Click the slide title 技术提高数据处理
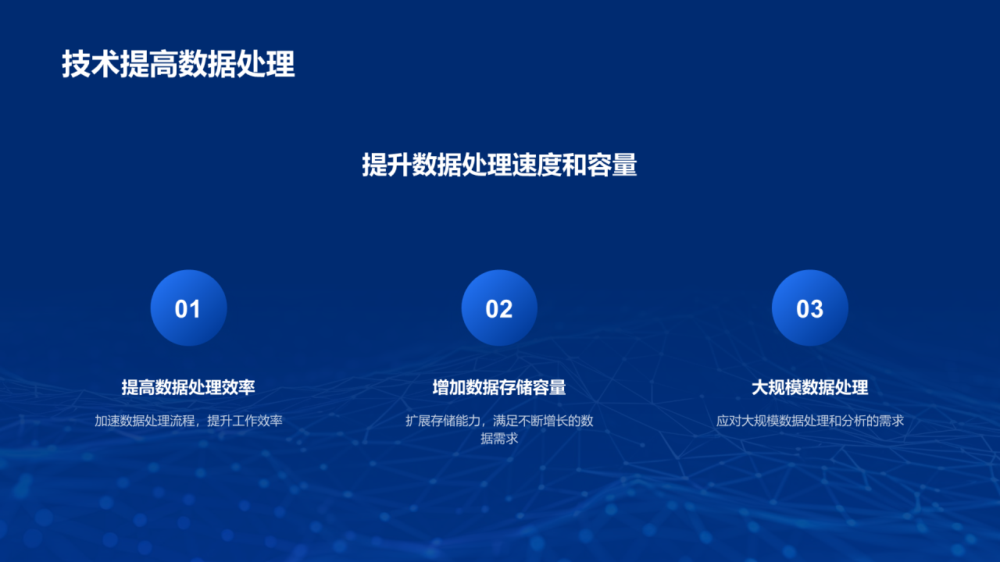click(178, 65)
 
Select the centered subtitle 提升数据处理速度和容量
click(499, 165)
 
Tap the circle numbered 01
click(188, 308)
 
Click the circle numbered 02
click(499, 308)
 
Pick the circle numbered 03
click(809, 308)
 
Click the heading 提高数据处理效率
click(188, 387)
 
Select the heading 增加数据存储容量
click(499, 387)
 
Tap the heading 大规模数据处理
click(809, 387)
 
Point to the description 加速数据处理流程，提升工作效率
click(188, 421)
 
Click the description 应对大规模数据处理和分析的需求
click(809, 421)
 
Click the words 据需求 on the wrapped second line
click(499, 439)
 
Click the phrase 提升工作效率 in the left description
click(245, 421)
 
